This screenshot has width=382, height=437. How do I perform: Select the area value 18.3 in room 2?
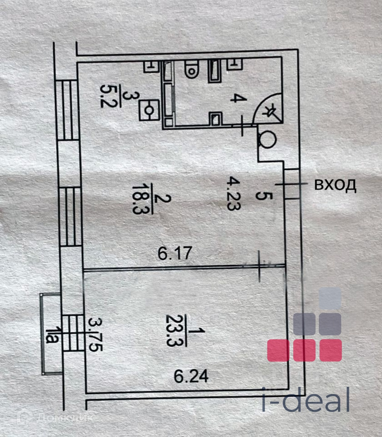[138, 199]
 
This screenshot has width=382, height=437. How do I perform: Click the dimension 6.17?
[175, 254]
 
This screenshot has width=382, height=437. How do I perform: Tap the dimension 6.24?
[191, 377]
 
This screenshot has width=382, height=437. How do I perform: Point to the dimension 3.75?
[94, 335]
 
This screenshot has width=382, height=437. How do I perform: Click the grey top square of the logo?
[330, 298]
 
